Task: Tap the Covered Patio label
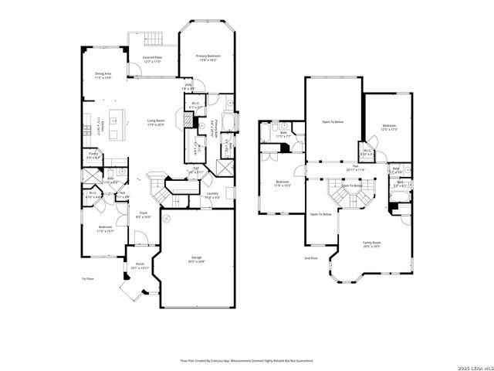(x=152, y=59)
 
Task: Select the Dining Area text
(x=103, y=76)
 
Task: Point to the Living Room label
(x=156, y=121)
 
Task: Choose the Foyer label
(x=143, y=215)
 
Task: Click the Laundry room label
(x=211, y=196)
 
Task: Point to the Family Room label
(x=372, y=243)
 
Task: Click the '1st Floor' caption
(x=88, y=278)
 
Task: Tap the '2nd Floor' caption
(x=310, y=257)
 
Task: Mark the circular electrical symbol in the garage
(x=164, y=220)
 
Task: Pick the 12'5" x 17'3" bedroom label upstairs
(x=388, y=127)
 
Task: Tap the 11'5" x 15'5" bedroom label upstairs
(x=283, y=184)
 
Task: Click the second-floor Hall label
(x=356, y=167)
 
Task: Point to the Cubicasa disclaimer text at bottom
(x=247, y=359)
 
